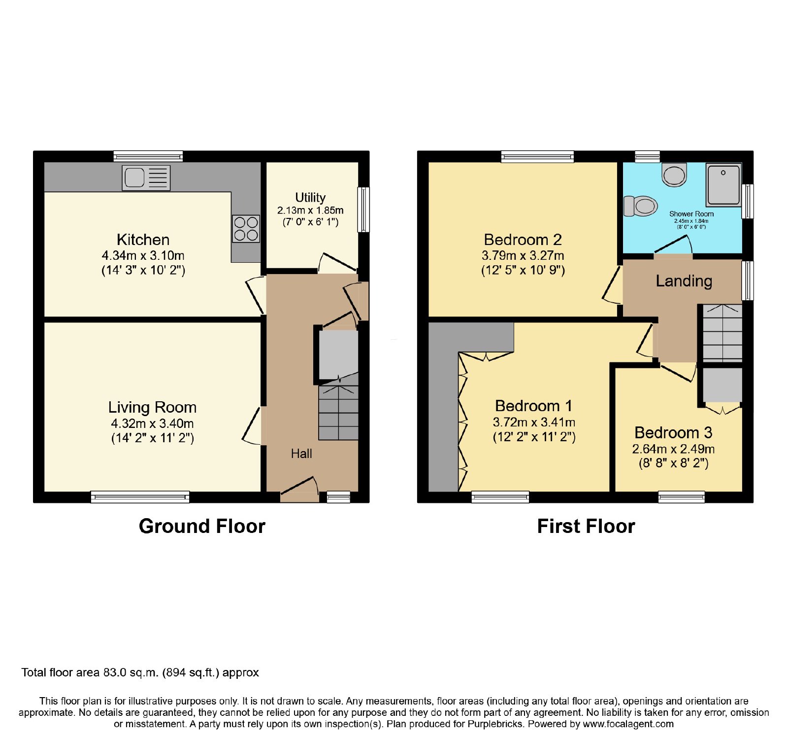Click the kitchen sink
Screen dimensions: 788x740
(x=146, y=177)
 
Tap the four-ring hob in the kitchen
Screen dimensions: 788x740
(x=246, y=229)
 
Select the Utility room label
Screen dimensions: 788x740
(x=310, y=198)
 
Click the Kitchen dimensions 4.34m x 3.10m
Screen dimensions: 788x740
(x=143, y=255)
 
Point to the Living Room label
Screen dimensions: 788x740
(x=152, y=407)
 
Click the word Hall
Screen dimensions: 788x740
(x=301, y=454)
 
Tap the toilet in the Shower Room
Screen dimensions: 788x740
(x=641, y=206)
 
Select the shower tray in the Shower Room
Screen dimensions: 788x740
(x=723, y=185)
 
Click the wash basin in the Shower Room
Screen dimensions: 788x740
(x=674, y=175)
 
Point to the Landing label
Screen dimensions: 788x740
(x=684, y=281)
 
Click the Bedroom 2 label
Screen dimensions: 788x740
(x=523, y=240)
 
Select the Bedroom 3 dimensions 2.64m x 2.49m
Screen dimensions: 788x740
(x=673, y=449)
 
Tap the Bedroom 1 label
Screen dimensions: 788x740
(x=534, y=406)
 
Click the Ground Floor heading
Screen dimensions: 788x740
(x=202, y=526)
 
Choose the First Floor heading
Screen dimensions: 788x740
(x=586, y=526)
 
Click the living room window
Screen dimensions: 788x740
(x=140, y=497)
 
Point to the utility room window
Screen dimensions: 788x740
(x=363, y=209)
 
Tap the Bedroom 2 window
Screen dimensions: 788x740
(x=537, y=157)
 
